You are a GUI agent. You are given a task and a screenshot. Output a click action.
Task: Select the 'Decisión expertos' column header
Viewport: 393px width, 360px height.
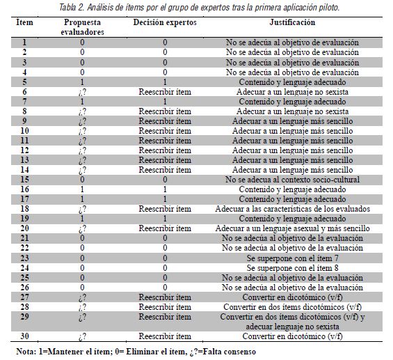[x=165, y=22]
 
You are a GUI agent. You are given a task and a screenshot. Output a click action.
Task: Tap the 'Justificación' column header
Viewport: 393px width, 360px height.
[x=292, y=22]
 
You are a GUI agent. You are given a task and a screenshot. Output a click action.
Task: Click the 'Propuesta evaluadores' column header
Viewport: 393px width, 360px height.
[x=83, y=27]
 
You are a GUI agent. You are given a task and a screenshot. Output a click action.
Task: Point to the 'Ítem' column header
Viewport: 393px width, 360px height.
[x=24, y=22]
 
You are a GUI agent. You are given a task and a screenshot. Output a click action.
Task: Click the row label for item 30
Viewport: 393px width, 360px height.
[x=24, y=336]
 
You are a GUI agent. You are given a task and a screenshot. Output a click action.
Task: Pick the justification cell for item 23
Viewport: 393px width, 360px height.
[x=292, y=257]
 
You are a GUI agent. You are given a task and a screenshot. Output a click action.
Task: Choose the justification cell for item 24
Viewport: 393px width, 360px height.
[x=292, y=267]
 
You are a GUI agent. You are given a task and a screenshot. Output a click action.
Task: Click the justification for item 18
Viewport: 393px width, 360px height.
[x=292, y=208]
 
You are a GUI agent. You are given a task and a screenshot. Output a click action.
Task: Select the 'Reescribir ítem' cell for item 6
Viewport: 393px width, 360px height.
[x=165, y=91]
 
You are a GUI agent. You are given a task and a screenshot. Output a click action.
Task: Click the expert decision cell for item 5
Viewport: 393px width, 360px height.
[x=165, y=81]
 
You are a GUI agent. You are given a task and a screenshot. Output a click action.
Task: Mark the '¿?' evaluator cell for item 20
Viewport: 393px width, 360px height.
[x=83, y=228]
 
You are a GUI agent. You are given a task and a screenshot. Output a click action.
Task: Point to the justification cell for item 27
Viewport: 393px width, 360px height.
[x=292, y=297]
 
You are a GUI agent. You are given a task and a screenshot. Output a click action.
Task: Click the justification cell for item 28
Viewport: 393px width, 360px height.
[x=292, y=306]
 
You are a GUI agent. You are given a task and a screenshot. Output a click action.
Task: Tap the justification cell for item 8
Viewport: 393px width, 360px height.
[x=292, y=111]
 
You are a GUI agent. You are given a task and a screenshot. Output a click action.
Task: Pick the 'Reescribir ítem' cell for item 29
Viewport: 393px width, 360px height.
[x=165, y=316]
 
